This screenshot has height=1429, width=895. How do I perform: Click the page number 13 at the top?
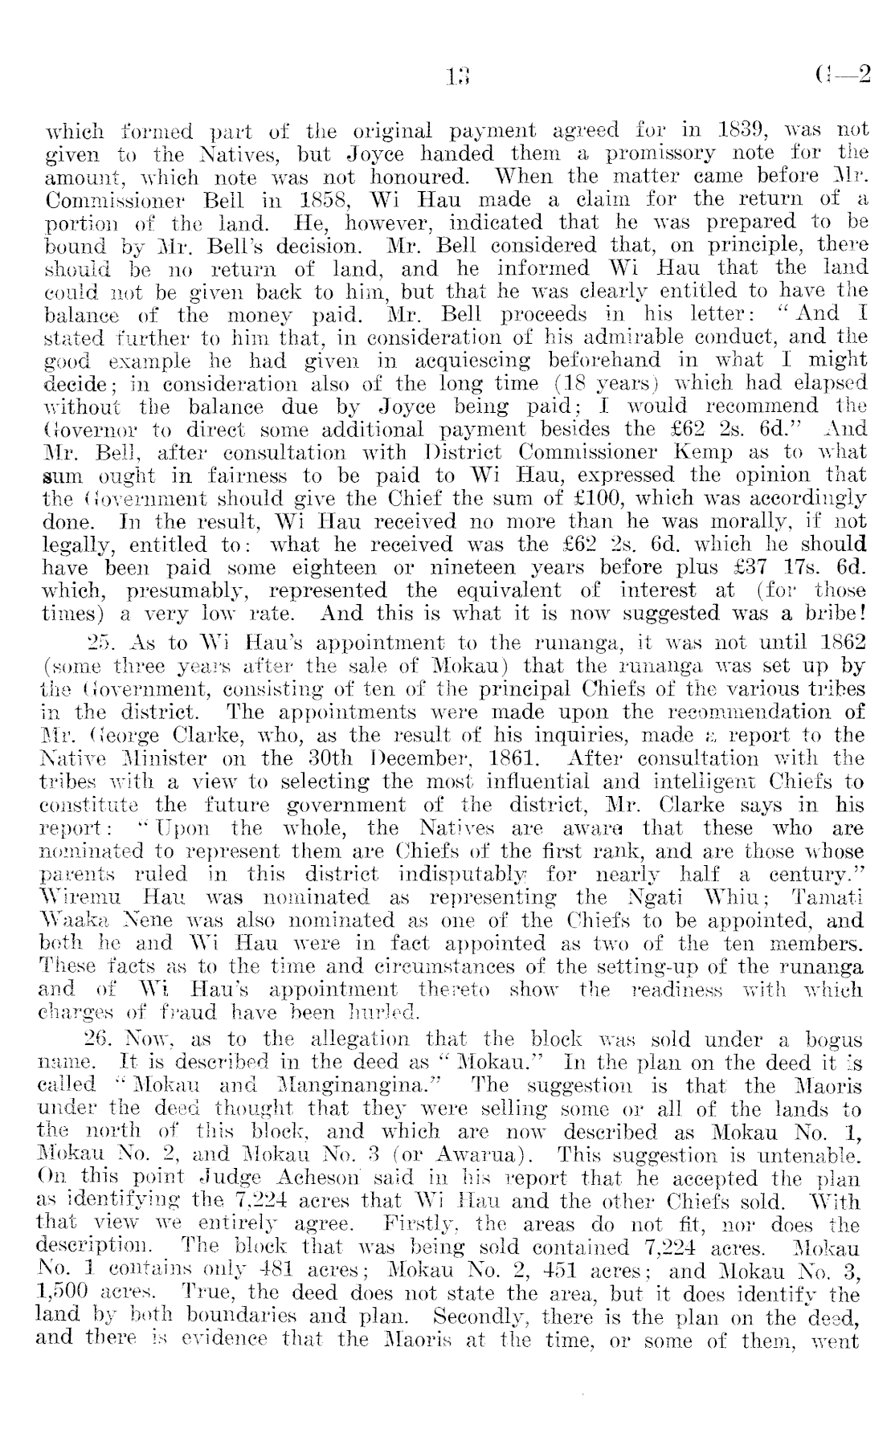tap(458, 77)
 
